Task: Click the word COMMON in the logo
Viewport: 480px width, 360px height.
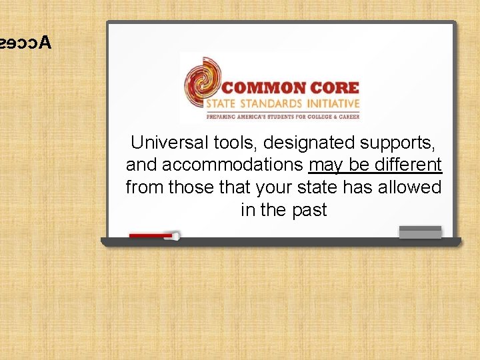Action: [x=263, y=88]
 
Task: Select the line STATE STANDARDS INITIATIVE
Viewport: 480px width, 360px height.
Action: [x=283, y=104]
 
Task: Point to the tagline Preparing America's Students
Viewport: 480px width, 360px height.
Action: [x=283, y=117]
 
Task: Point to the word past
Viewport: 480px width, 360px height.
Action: [x=308, y=210]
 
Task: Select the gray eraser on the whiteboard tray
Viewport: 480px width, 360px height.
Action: [x=420, y=233]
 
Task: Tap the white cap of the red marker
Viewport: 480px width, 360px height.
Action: [x=176, y=235]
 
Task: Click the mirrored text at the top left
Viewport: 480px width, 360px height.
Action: [x=25, y=43]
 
